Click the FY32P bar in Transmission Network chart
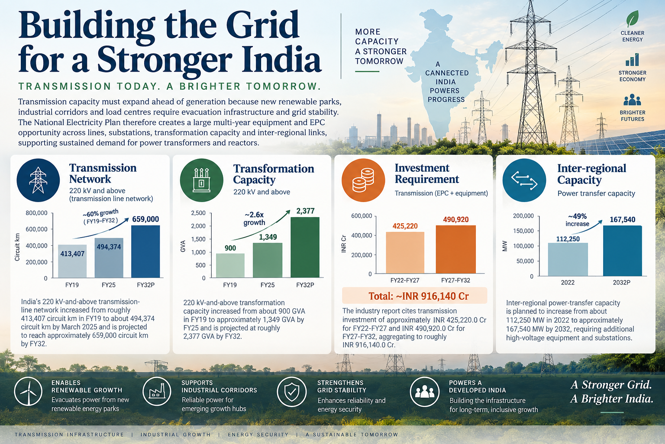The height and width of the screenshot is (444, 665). pyautogui.click(x=145, y=251)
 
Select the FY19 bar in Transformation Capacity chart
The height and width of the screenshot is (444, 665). pyautogui.click(x=230, y=265)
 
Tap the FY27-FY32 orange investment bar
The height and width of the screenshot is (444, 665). pyautogui.click(x=456, y=249)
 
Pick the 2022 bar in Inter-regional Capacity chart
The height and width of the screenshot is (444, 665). pyautogui.click(x=568, y=259)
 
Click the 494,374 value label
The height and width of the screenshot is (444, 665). pyautogui.click(x=109, y=247)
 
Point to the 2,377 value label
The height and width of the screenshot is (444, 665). pyautogui.click(x=305, y=211)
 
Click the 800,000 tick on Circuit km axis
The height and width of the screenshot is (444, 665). pyautogui.click(x=36, y=213)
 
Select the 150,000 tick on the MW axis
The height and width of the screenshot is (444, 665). pyautogui.click(x=523, y=231)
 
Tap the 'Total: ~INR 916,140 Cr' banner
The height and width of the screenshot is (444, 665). pyautogui.click(x=415, y=296)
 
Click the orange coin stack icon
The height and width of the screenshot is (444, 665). pyautogui.click(x=363, y=180)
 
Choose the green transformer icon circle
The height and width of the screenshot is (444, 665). pyautogui.click(x=202, y=180)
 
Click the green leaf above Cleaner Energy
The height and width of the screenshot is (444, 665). pyautogui.click(x=633, y=19)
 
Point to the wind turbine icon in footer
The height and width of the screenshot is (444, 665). pyautogui.click(x=28, y=392)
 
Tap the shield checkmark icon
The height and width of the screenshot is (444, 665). pyautogui.click(x=291, y=392)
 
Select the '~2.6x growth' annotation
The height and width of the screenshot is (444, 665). pyautogui.click(x=254, y=219)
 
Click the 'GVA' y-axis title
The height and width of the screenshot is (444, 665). pyautogui.click(x=183, y=246)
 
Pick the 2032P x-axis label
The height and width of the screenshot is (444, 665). pyautogui.click(x=621, y=283)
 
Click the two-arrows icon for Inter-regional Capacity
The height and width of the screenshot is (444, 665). pyautogui.click(x=524, y=180)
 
